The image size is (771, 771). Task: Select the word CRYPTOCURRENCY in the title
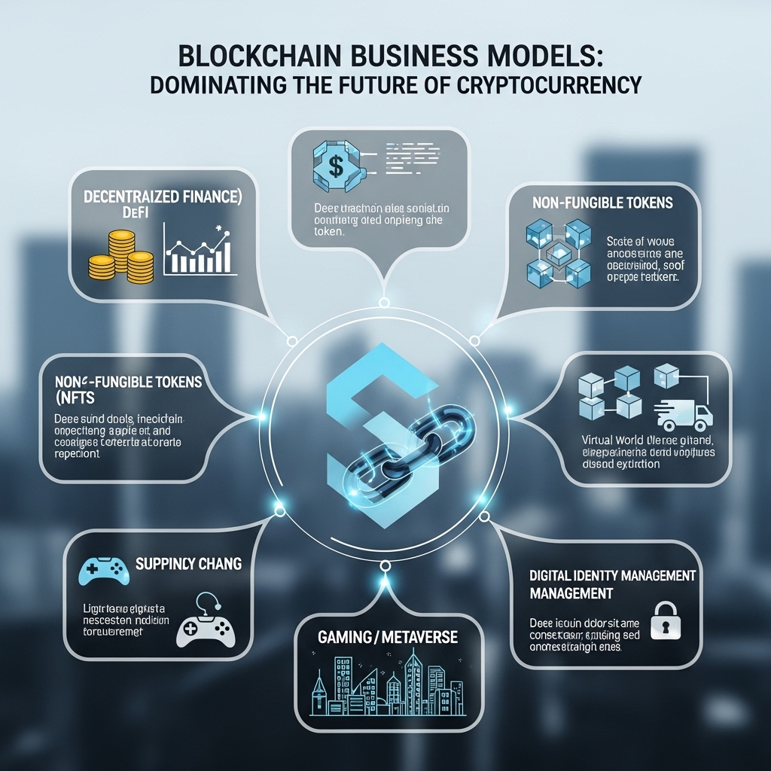click(549, 84)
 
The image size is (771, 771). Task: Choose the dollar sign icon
click(337, 166)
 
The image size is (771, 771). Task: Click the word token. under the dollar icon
click(328, 233)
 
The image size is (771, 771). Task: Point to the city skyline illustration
click(388, 685)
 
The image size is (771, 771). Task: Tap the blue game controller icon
click(100, 571)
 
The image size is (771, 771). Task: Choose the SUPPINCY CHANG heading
click(189, 562)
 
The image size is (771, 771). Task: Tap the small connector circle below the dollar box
click(383, 303)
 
